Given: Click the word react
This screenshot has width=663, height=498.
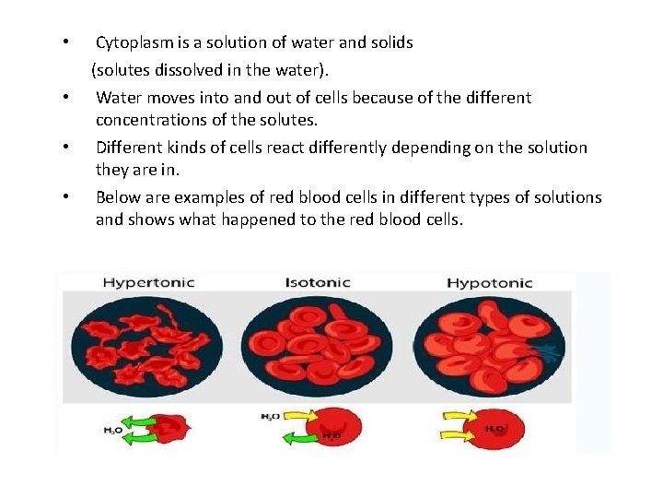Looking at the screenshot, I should pyautogui.click(x=280, y=148).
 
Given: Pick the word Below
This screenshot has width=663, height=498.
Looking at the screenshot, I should pyautogui.click(x=118, y=197).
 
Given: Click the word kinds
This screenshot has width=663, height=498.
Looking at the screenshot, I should pyautogui.click(x=189, y=148).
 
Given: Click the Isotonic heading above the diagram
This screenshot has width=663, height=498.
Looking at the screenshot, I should pyautogui.click(x=318, y=282).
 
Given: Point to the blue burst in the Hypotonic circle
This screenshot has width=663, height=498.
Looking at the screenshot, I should pyautogui.click(x=551, y=351).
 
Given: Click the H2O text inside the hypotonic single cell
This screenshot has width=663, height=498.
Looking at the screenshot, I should pyautogui.click(x=494, y=430).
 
